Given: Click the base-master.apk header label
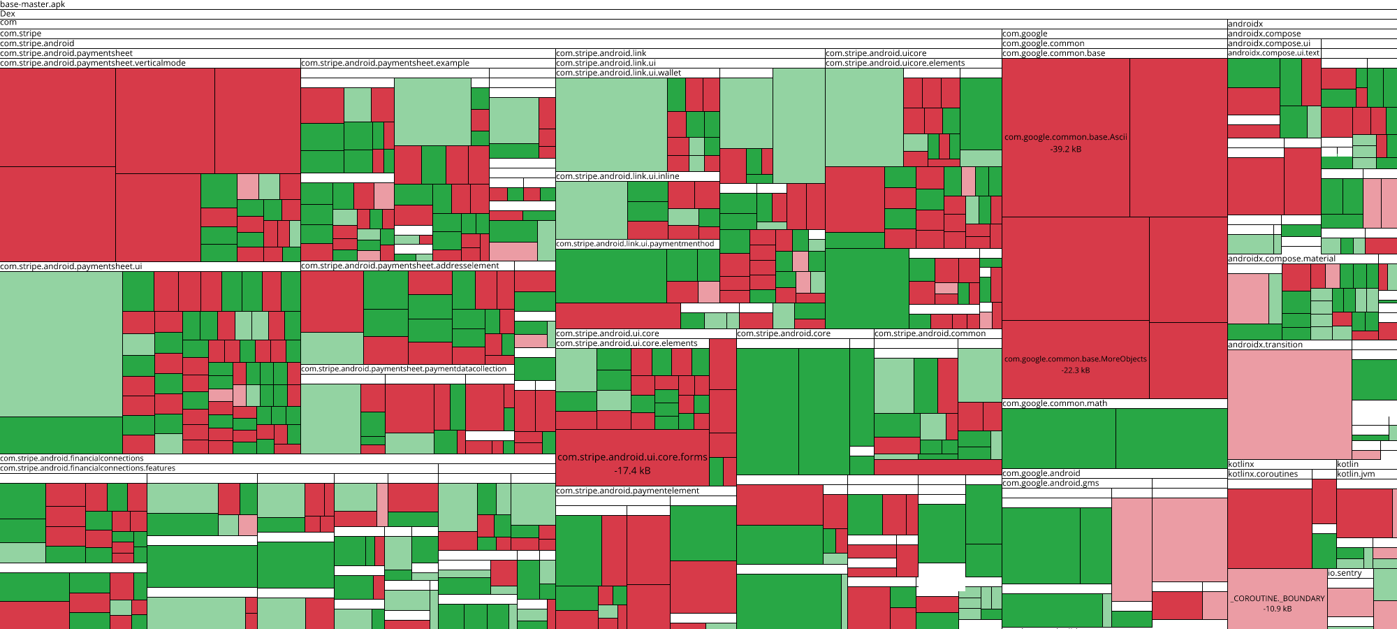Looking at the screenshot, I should click(33, 4).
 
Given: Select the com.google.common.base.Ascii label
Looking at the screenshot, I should click(1065, 137).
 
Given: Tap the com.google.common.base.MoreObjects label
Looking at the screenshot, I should click(1075, 359).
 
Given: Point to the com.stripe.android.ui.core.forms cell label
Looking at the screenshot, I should click(632, 457).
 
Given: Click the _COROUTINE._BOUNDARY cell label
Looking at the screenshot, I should click(1278, 598).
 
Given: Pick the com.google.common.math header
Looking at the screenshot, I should click(1055, 403).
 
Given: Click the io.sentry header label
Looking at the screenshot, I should click(1345, 573).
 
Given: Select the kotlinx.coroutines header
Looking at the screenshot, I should click(1263, 474).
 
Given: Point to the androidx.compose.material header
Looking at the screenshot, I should click(1281, 259).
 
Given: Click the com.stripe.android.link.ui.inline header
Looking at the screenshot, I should click(617, 176).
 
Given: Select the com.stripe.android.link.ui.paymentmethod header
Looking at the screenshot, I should click(635, 244).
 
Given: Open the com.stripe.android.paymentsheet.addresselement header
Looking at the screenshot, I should click(400, 266).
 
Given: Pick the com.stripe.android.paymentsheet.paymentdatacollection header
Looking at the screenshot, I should click(404, 369).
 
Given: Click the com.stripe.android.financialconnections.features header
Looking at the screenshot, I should click(88, 468).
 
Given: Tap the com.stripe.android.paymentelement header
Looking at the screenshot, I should click(627, 491).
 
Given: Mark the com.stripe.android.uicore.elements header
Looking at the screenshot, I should click(895, 63).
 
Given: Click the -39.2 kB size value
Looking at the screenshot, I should click(1065, 149).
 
